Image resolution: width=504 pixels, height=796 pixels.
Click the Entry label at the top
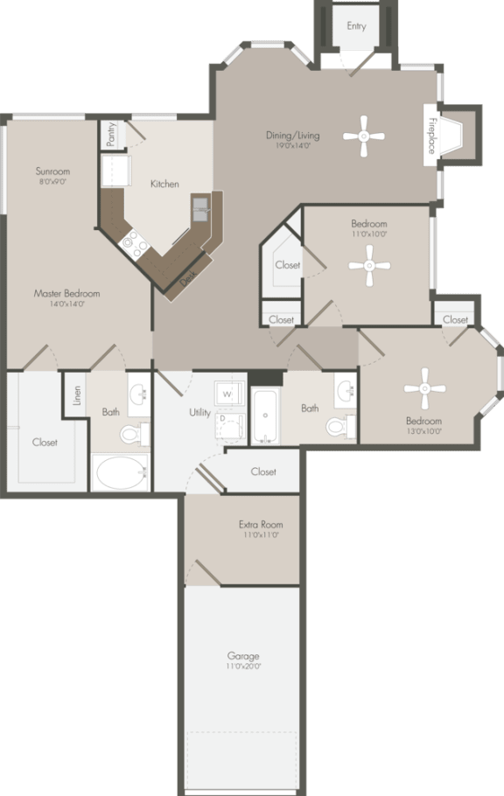click(356, 26)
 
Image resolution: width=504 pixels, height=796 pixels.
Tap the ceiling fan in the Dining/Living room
click(364, 136)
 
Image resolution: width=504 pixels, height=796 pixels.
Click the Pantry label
click(111, 134)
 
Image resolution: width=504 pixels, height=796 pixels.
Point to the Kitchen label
click(164, 184)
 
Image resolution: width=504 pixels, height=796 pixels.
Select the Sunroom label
click(52, 171)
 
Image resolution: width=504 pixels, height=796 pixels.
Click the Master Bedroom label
click(66, 294)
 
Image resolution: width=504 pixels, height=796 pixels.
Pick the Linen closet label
click(77, 395)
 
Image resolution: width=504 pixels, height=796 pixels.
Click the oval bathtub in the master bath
click(122, 473)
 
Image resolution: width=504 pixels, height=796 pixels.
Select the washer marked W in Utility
click(227, 395)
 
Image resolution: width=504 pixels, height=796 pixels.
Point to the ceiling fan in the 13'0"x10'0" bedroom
click(425, 388)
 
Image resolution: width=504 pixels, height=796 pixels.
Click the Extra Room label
click(260, 525)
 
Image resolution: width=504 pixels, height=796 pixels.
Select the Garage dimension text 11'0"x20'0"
click(242, 667)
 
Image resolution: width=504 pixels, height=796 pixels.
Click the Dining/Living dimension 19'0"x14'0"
click(293, 147)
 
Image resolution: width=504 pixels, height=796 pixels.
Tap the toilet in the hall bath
click(338, 426)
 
